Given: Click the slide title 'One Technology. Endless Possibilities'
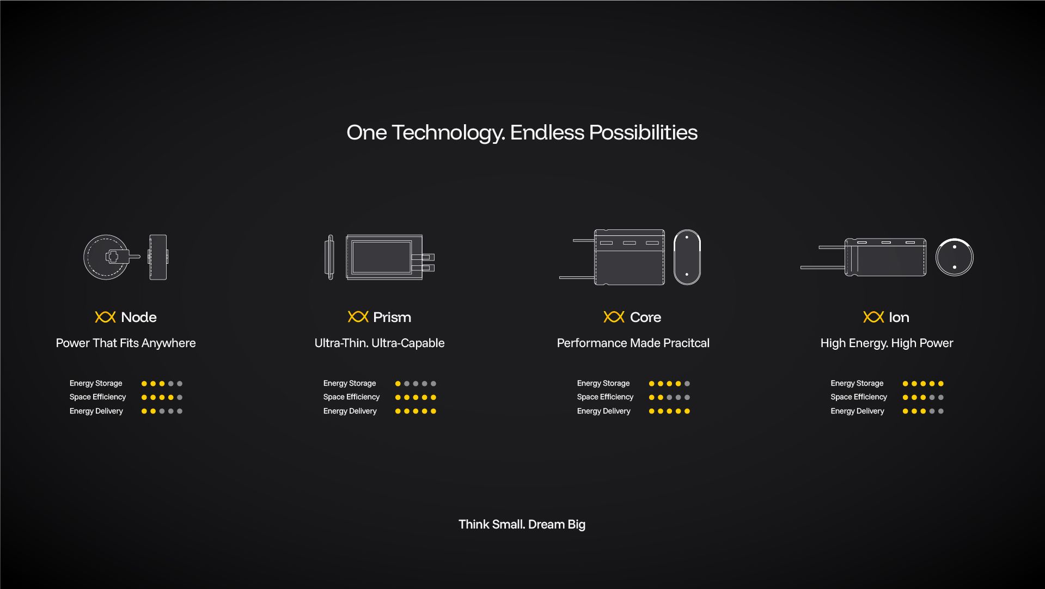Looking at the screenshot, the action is coord(522,133).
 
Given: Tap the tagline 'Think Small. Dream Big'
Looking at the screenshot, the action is coord(522,525).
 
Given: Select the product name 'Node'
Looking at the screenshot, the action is coord(139,317).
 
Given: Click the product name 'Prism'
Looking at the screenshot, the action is coord(392,317).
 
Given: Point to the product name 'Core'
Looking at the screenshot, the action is coord(645,317).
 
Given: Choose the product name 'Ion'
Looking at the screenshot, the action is coord(899,317).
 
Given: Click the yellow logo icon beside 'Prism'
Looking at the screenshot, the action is coord(358,317).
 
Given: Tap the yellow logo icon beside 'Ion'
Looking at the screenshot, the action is coord(873,317).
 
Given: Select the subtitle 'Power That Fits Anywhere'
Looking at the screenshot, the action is coord(126,343).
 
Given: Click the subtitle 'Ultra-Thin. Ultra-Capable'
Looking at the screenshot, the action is coord(380,343).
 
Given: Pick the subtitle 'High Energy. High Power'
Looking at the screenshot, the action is coord(887,343).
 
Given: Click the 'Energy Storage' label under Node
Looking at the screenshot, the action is coord(96,384).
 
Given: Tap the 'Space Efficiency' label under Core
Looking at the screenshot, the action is coord(605,397).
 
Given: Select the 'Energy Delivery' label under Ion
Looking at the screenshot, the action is coord(857,411).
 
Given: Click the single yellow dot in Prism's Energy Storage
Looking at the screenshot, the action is coord(398,384).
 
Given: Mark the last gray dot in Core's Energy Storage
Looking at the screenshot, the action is coord(687,384).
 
